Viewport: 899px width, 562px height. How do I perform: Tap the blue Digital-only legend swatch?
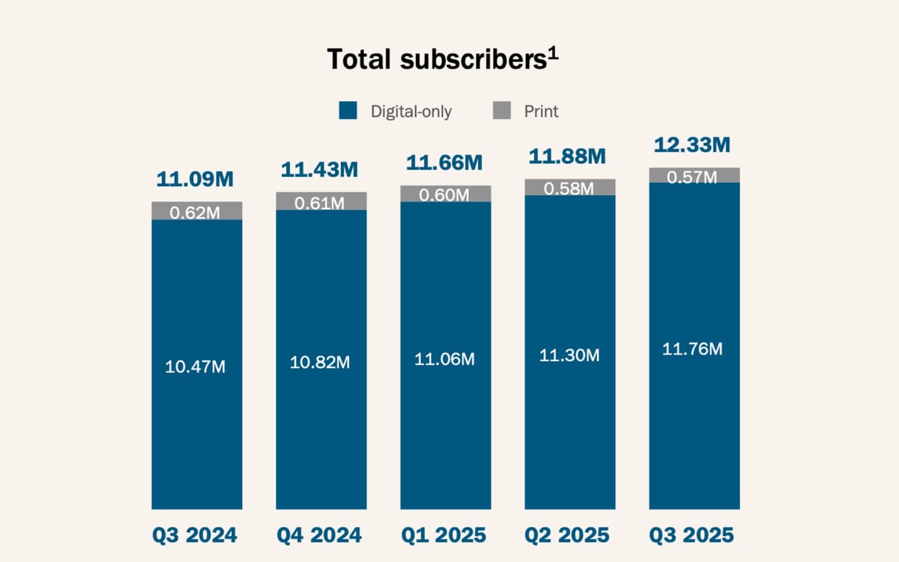tap(348, 111)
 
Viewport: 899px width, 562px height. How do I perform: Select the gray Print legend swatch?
tap(502, 111)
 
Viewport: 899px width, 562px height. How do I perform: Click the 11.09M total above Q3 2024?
tap(195, 180)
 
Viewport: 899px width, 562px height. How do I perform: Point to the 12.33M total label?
tap(693, 145)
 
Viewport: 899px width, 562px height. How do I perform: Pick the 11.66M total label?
tap(444, 162)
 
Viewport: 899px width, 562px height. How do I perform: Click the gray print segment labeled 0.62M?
tap(196, 211)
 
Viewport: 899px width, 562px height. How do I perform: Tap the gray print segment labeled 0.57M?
tap(694, 175)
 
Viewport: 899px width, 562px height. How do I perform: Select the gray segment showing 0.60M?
tap(445, 194)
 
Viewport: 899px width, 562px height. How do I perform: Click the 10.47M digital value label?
tap(195, 367)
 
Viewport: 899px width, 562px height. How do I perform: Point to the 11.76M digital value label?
tap(693, 348)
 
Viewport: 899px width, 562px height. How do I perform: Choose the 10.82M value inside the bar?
tap(320, 362)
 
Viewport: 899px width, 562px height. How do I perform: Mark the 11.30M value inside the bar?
tap(569, 356)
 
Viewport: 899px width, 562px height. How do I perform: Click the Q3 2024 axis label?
tap(195, 536)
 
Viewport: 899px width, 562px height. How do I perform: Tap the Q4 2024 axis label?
tap(320, 536)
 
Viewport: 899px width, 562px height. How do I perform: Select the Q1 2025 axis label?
tap(444, 536)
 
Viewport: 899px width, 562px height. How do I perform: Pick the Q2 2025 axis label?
tap(569, 536)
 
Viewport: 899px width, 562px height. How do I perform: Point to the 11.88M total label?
tap(568, 157)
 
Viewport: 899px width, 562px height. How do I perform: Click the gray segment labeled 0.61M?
tap(321, 202)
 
